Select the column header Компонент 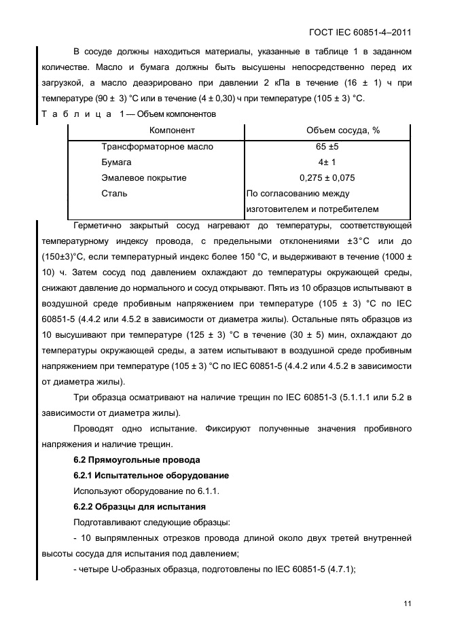click(172, 130)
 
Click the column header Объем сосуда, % click(334, 130)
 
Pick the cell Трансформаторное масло click(157, 146)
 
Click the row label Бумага click(116, 162)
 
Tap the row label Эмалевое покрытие click(143, 177)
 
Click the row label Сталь click(114, 193)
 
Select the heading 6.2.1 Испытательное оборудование click(150, 476)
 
